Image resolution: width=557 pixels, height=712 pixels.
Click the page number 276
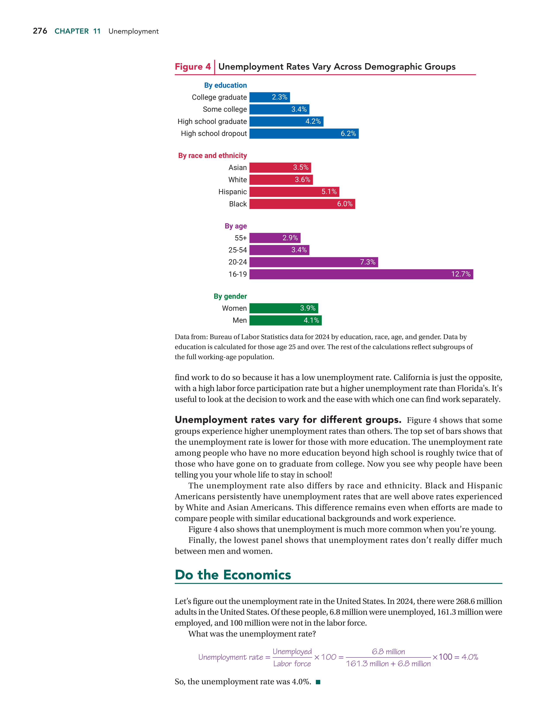click(x=40, y=31)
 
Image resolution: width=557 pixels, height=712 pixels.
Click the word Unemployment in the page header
click(x=133, y=31)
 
